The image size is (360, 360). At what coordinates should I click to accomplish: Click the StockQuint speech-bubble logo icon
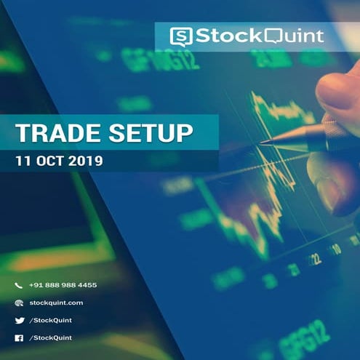(x=181, y=36)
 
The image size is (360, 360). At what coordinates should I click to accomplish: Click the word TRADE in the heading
(x=54, y=134)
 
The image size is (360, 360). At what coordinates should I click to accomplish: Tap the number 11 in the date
(x=23, y=160)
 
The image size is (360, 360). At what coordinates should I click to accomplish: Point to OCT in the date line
(x=49, y=160)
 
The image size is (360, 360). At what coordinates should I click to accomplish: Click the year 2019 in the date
(x=86, y=160)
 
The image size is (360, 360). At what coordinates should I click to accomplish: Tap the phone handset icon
(x=19, y=285)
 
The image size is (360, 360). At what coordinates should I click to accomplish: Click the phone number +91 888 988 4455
(x=63, y=285)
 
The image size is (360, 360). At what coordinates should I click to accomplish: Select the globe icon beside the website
(x=19, y=303)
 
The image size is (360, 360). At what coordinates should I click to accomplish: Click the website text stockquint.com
(x=56, y=303)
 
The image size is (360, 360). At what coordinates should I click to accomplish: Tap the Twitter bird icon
(x=19, y=320)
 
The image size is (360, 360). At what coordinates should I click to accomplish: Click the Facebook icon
(x=19, y=337)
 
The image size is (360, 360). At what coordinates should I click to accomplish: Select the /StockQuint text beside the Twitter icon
(x=51, y=320)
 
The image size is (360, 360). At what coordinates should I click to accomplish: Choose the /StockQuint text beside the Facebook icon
(x=51, y=337)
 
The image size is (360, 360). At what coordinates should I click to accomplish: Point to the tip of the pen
(x=261, y=142)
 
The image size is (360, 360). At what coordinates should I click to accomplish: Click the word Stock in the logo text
(x=223, y=36)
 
